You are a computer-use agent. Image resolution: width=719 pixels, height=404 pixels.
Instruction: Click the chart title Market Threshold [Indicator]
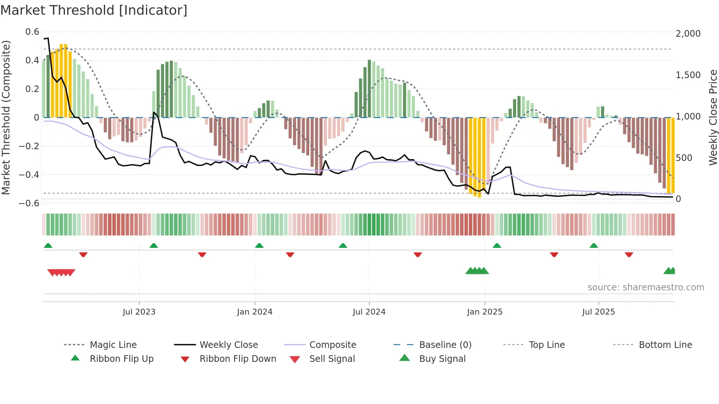click(94, 10)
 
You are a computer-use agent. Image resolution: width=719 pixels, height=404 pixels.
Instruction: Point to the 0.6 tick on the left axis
click(32, 32)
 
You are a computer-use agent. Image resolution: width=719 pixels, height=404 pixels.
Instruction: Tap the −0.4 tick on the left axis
click(29, 175)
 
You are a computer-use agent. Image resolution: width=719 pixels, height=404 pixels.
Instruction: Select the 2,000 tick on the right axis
click(688, 34)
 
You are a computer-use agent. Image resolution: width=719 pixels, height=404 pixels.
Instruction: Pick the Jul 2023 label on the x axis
click(139, 312)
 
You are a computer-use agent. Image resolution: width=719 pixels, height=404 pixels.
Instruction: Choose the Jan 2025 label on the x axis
click(485, 312)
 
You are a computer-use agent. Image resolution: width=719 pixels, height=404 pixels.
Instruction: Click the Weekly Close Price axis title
click(713, 117)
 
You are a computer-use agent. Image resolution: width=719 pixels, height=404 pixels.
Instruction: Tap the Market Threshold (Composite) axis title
click(6, 117)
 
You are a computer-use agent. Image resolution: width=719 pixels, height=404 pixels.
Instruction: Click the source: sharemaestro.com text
click(646, 287)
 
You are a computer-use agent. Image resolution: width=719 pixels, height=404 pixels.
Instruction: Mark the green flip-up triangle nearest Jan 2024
click(259, 246)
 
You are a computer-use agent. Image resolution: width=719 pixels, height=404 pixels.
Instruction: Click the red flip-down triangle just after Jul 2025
click(629, 254)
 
